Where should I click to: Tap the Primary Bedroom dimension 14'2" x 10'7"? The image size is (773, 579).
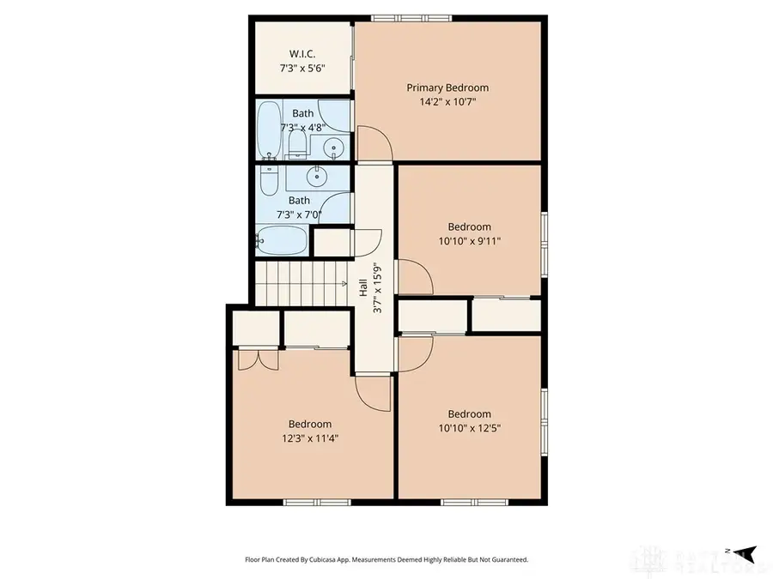tap(447, 101)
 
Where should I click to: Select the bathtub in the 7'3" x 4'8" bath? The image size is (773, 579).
tap(269, 130)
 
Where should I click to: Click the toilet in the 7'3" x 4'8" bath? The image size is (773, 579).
tap(298, 142)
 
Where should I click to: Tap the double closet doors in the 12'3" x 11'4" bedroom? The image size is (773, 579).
tap(257, 359)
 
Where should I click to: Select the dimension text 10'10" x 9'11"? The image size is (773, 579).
tap(469, 241)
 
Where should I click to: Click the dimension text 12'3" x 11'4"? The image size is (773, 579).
tap(309, 438)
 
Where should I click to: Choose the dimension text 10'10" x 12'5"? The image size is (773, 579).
tap(469, 427)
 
